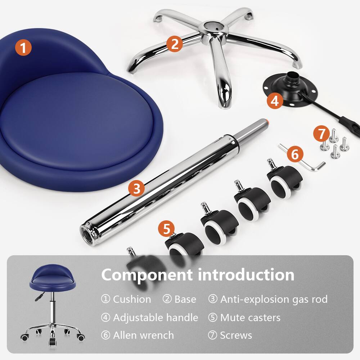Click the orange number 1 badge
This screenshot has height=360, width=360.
[23, 48]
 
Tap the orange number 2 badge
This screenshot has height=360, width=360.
[175, 44]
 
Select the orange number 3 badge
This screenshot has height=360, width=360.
[136, 189]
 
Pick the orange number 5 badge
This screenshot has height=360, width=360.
[166, 228]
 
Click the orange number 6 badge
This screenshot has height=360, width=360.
[294, 155]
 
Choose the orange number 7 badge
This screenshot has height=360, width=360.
[321, 134]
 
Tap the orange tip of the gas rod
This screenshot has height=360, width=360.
[267, 122]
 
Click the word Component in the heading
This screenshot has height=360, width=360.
[146, 275]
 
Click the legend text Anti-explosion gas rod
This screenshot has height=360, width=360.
[274, 299]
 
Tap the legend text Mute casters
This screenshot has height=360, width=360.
[250, 318]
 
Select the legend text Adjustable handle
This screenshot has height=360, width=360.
[156, 318]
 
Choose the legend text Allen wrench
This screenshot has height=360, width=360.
[143, 336]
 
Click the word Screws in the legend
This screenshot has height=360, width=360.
[236, 336]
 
